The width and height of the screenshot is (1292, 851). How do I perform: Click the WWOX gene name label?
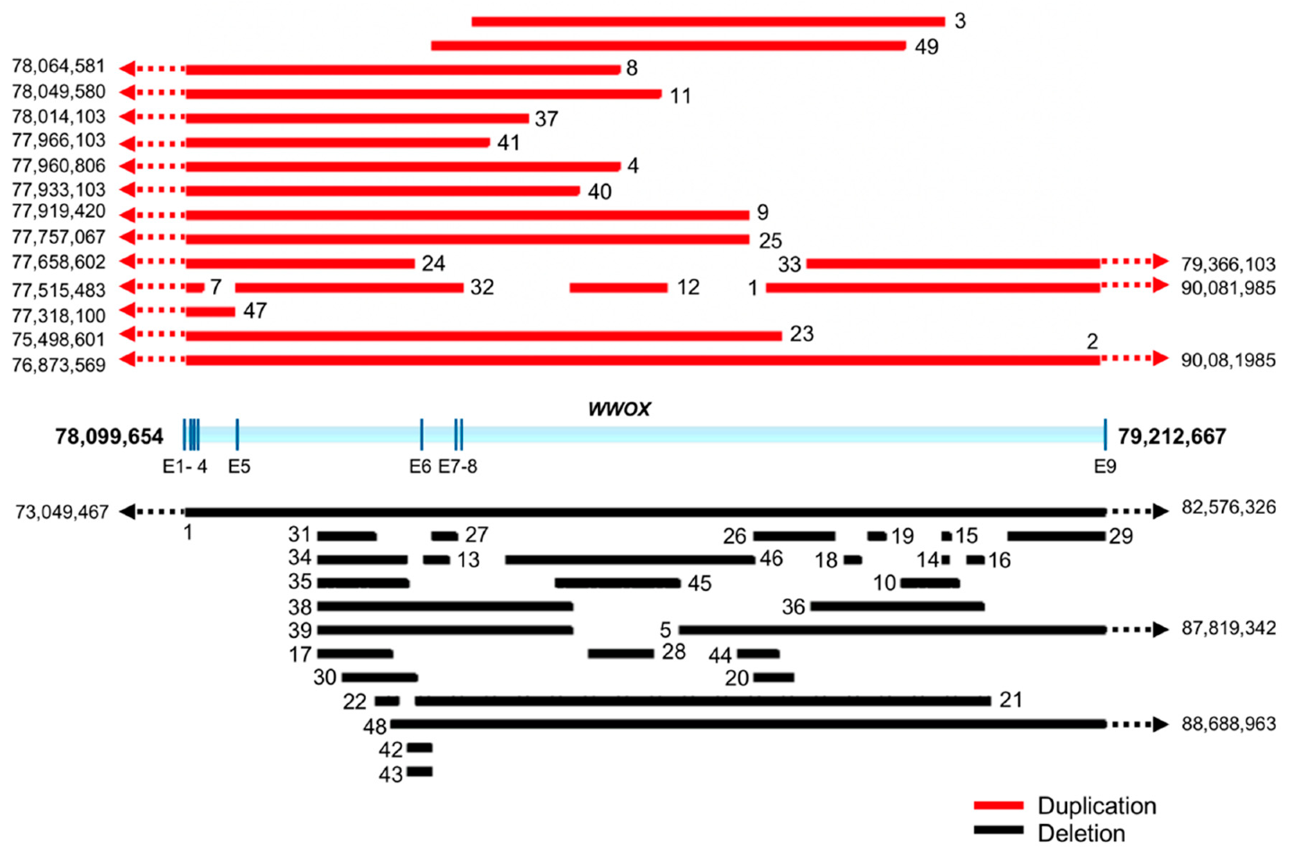pyautogui.click(x=619, y=409)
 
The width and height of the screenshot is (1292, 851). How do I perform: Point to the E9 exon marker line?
pyautogui.click(x=1105, y=434)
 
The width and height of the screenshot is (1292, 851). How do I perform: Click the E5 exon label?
pyautogui.click(x=238, y=466)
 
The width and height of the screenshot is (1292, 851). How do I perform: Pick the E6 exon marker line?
pyautogui.click(x=422, y=434)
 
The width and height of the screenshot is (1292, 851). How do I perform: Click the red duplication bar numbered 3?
pyautogui.click(x=708, y=22)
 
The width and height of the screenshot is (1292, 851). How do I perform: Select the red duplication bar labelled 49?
pyautogui.click(x=668, y=46)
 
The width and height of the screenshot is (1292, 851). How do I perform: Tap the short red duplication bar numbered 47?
pyautogui.click(x=209, y=312)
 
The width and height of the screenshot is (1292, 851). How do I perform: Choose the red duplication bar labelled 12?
pyautogui.click(x=619, y=288)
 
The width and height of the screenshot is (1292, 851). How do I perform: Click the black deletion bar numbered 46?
pyautogui.click(x=629, y=560)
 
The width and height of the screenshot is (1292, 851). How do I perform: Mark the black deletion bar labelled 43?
pyautogui.click(x=419, y=772)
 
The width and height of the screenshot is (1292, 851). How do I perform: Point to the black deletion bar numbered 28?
pyautogui.click(x=620, y=653)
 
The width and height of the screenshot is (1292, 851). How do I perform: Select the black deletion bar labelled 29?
pyautogui.click(x=1056, y=536)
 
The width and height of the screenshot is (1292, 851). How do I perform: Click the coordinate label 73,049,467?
pyautogui.click(x=61, y=512)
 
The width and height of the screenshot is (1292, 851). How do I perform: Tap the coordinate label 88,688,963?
pyautogui.click(x=1228, y=724)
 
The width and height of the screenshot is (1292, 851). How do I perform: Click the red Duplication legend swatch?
pyautogui.click(x=998, y=805)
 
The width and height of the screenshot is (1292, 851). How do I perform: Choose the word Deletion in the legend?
pyautogui.click(x=1081, y=833)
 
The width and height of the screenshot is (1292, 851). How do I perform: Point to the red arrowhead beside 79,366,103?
pyautogui.click(x=1160, y=262)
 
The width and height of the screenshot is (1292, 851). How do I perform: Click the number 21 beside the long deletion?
pyautogui.click(x=1011, y=700)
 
